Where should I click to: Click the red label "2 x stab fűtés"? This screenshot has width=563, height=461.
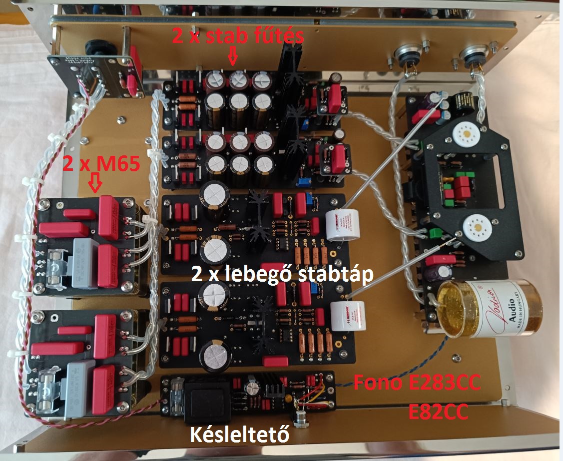point(238,36)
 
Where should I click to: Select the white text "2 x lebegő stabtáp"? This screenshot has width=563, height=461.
point(282,274)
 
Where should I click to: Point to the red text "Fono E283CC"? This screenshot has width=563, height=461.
point(417,384)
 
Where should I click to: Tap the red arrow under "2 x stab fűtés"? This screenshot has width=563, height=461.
point(233,56)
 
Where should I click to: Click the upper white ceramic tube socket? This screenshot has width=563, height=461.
point(466,134)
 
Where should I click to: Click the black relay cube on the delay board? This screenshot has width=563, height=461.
point(206,399)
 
